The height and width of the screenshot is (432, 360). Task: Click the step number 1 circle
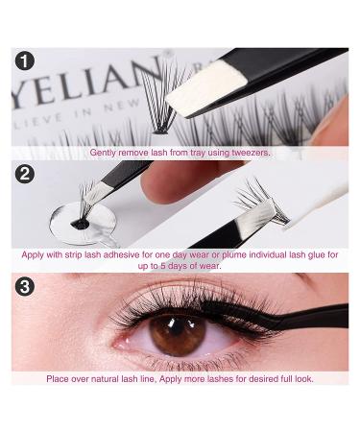pyautogui.click(x=25, y=60)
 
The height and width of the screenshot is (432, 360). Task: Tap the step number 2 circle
pyautogui.click(x=25, y=174)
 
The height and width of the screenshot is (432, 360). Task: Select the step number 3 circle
pyautogui.click(x=25, y=286)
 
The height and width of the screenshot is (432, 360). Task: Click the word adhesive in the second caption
pyautogui.click(x=122, y=255)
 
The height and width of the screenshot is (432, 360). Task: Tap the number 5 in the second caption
pyautogui.click(x=163, y=266)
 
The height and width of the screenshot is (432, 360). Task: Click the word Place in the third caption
pyautogui.click(x=58, y=379)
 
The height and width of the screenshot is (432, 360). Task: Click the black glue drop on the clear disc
pyautogui.click(x=80, y=225)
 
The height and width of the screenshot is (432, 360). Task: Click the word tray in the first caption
pyautogui.click(x=198, y=153)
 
